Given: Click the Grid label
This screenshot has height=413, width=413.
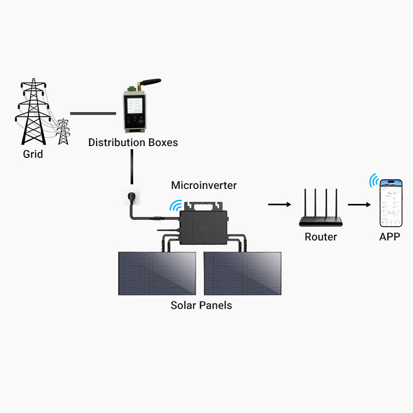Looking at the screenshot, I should (x=33, y=154).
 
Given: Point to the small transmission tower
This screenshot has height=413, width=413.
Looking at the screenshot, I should (x=63, y=132).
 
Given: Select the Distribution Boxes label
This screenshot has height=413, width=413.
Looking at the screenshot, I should (x=133, y=142).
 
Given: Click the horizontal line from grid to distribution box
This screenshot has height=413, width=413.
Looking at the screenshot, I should (x=93, y=113).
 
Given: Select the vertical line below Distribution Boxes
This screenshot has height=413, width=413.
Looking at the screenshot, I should (x=133, y=167).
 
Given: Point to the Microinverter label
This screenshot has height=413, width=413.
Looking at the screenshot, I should (x=204, y=185).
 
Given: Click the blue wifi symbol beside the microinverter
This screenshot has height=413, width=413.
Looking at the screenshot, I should (x=176, y=205).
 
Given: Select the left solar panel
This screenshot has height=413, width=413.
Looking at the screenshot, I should (x=157, y=273).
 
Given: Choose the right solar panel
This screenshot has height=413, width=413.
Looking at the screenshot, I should (x=243, y=273).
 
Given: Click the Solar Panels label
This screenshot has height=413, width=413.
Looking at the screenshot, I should (x=201, y=305).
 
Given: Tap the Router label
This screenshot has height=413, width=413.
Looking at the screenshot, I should (x=321, y=237).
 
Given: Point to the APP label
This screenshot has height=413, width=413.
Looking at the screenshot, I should (x=390, y=237).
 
